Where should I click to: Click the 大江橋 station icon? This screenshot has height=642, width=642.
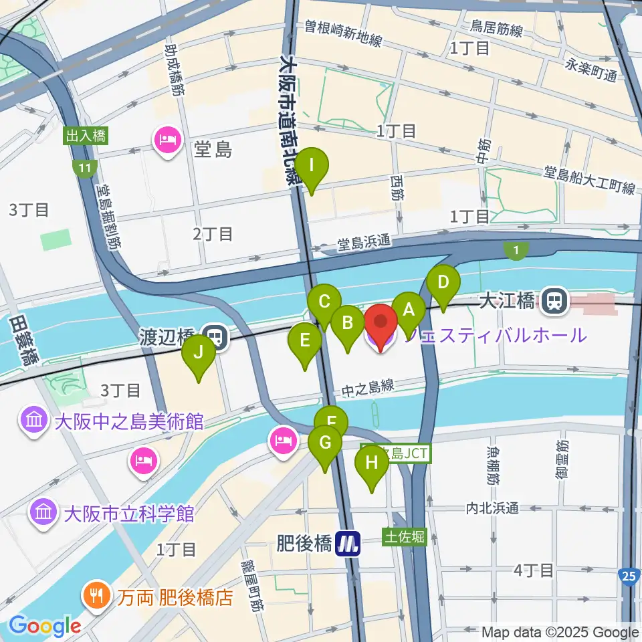click(x=554, y=301)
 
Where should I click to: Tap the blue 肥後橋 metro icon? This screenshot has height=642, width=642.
click(x=348, y=542)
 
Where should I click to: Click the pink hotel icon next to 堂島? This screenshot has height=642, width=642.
click(x=167, y=140)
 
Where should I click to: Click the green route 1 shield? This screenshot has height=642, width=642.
click(x=516, y=251)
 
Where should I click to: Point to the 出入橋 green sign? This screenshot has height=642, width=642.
click(x=86, y=136)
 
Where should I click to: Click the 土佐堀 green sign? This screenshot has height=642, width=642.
click(x=404, y=537)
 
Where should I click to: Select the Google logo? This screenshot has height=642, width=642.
click(x=45, y=627)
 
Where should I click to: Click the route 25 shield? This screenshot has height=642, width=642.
click(x=628, y=576)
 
